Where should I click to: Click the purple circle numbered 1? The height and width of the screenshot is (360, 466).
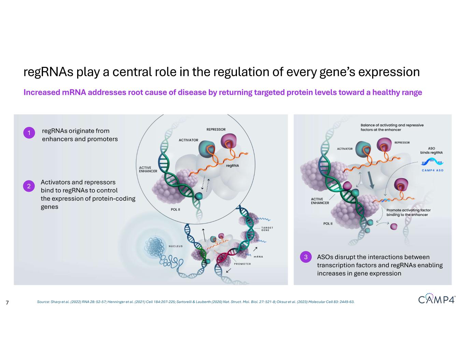tap(29, 133)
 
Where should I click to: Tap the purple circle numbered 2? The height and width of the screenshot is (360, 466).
tap(29, 186)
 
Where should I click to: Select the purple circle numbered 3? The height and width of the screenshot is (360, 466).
tap(306, 257)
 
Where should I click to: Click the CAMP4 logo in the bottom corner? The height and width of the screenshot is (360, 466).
tap(437, 298)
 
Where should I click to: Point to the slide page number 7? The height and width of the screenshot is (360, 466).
tap(7, 303)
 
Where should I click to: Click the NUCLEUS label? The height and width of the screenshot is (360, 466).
tap(175, 246)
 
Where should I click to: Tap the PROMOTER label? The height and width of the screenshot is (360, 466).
tap(242, 264)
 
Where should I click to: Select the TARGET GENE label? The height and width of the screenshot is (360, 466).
tap(267, 229)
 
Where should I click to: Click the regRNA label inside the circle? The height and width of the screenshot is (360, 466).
tap(232, 165)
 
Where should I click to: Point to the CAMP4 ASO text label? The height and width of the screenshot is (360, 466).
tap(433, 170)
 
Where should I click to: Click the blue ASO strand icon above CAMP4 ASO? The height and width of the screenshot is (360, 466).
tap(432, 161)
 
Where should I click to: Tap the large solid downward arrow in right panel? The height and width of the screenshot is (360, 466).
tap(371, 180)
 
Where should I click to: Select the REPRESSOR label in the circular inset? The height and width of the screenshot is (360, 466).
tap(216, 129)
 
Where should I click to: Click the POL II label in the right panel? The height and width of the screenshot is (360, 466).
tap(328, 224)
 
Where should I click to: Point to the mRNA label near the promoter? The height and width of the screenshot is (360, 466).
tap(258, 257)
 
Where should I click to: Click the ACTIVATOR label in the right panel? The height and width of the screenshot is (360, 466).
tap(344, 149)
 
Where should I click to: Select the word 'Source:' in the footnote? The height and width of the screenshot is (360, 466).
tap(43, 302)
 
